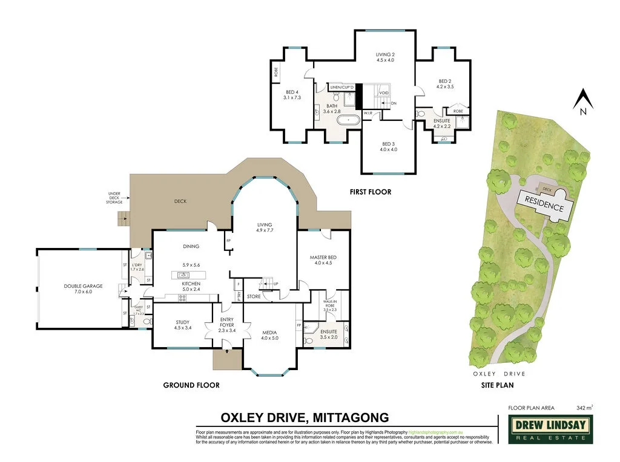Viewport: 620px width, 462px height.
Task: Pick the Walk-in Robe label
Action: click(x=329, y=306)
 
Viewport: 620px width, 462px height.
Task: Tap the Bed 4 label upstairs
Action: click(x=292, y=94)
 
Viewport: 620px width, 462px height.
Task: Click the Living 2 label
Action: click(x=385, y=57)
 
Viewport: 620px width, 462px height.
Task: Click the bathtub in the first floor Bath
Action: click(x=348, y=120)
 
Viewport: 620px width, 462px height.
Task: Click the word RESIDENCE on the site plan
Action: click(x=544, y=203)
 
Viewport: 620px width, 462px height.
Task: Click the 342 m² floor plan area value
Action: click(x=584, y=408)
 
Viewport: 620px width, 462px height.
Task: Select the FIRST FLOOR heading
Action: click(x=371, y=192)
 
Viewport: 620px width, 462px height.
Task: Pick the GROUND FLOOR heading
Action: click(x=191, y=385)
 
